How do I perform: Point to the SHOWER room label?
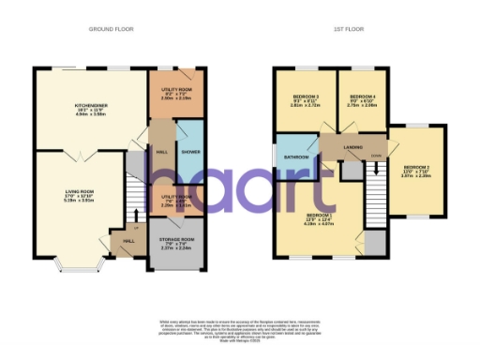tap(189, 151)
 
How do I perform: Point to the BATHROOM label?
tap(297, 157)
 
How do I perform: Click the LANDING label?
tap(353, 145)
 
